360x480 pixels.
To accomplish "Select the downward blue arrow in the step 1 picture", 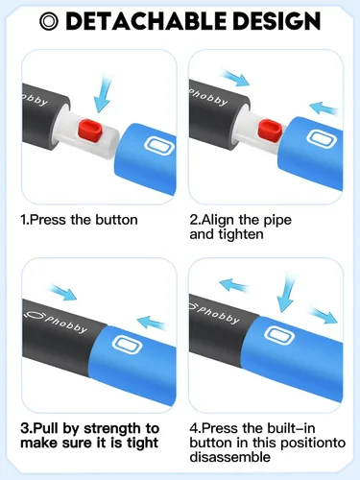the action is tap(104, 92).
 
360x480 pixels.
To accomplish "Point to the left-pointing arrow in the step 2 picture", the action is tap(324, 108).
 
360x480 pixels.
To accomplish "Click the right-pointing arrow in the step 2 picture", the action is tap(235, 78).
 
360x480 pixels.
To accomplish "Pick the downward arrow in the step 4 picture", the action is tap(285, 294).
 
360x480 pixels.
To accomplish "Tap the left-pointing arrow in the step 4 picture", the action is tap(233, 284).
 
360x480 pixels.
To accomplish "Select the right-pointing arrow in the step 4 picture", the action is tap(324, 315).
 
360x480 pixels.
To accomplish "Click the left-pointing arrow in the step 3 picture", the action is tap(152, 322).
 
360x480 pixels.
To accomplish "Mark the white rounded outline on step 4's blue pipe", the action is tap(279, 334).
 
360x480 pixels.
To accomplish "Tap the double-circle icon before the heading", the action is tap(49, 21).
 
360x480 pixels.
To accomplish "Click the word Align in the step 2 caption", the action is tap(219, 221).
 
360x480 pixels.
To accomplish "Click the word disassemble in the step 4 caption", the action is tap(230, 457).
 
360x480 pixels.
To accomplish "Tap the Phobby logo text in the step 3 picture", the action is tap(65, 324).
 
